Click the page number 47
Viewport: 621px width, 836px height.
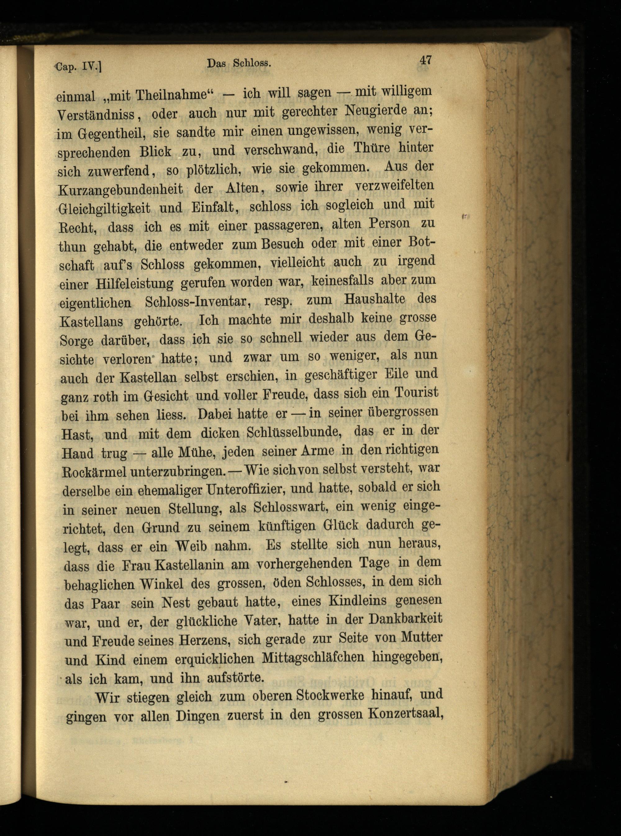point(425,60)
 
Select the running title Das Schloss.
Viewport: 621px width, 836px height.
point(239,64)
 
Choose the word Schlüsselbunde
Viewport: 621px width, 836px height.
point(294,432)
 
